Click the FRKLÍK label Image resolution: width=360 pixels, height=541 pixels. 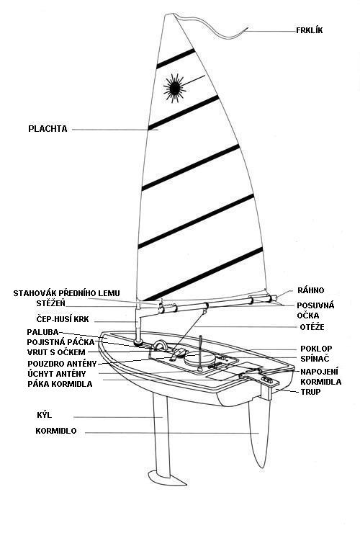(x=310, y=30)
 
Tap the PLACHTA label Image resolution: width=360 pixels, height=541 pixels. (x=48, y=129)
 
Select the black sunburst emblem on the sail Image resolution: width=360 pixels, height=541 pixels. (x=174, y=89)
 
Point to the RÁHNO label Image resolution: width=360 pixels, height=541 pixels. (x=311, y=290)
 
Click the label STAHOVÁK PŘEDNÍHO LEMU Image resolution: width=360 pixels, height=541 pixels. (x=66, y=293)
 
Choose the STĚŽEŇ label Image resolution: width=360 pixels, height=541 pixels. (x=50, y=303)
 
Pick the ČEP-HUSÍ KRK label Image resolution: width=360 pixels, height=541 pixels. (x=63, y=319)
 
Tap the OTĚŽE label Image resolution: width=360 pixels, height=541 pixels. (x=312, y=327)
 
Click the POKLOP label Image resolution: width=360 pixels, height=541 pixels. (x=316, y=349)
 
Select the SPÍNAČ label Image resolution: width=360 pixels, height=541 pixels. (x=315, y=359)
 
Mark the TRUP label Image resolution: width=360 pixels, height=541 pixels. (x=310, y=392)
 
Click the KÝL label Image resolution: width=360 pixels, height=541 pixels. (x=45, y=415)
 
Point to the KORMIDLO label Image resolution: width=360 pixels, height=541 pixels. (x=56, y=431)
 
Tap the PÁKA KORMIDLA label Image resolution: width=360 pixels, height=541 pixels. (x=60, y=384)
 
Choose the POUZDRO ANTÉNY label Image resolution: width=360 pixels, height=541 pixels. (x=62, y=364)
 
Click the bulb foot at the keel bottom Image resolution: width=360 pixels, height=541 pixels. (x=167, y=478)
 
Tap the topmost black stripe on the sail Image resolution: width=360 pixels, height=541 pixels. (x=176, y=58)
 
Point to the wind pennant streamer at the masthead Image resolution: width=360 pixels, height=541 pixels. (x=211, y=27)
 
